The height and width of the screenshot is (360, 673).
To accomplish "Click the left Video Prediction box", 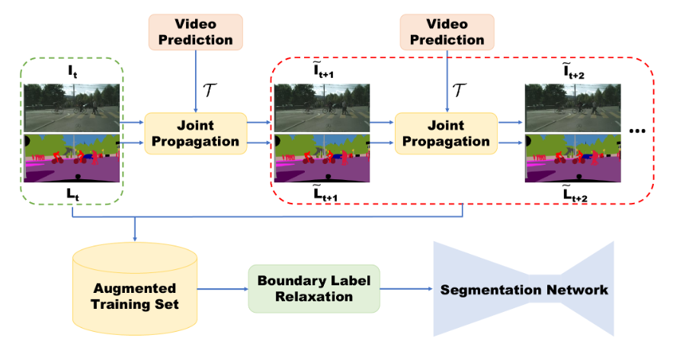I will pos(196,31).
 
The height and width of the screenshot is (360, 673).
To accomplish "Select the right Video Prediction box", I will pos(447,31).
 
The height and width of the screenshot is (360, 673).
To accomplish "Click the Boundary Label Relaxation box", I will pos(313,288).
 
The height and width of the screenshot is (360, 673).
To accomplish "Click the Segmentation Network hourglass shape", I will pos(523,289).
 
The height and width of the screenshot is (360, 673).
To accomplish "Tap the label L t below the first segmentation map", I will pos(73,194).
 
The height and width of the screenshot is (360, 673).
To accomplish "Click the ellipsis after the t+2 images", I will pos(639,131).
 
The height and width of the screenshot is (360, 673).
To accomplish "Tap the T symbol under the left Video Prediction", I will pos(210,90).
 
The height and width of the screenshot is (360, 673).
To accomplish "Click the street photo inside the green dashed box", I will pos(73,108).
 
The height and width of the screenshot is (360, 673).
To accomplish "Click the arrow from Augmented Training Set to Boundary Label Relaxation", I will pos(223,289).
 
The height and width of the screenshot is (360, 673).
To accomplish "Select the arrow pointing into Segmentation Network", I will pos(405,289).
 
